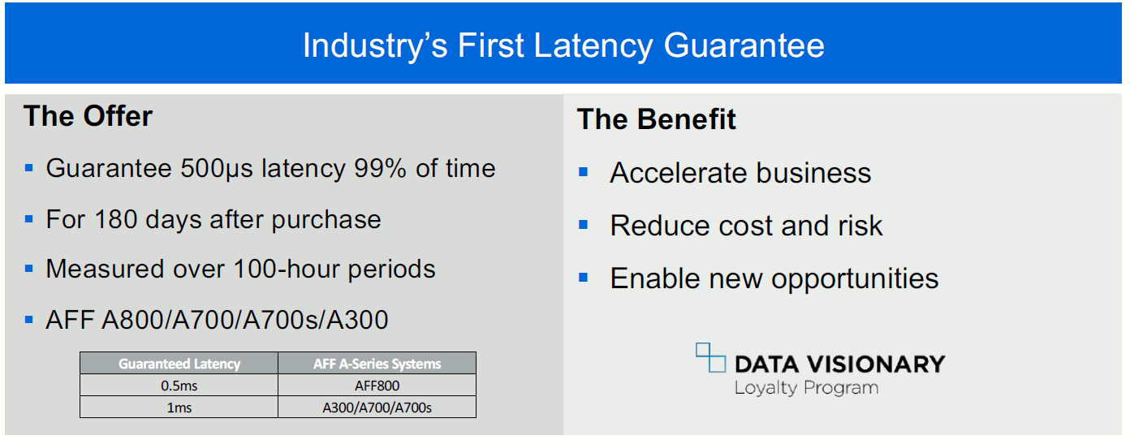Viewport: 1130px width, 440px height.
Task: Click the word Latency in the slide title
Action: click(x=593, y=46)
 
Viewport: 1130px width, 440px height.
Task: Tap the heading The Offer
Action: click(x=88, y=116)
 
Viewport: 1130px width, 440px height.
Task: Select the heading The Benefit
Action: click(x=656, y=119)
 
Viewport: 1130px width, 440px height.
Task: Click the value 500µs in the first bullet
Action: click(x=217, y=169)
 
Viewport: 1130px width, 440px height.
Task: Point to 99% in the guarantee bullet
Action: click(x=380, y=168)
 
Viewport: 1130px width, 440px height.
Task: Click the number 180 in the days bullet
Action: click(x=115, y=219)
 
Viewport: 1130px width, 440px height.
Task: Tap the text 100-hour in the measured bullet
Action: click(x=287, y=269)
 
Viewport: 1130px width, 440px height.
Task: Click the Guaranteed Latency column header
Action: click(x=179, y=364)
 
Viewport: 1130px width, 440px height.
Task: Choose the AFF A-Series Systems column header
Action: click(x=377, y=364)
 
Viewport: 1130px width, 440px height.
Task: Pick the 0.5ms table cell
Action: click(x=179, y=386)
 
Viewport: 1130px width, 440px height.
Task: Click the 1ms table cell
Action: click(x=179, y=408)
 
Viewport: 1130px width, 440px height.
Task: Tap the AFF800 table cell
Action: click(x=377, y=386)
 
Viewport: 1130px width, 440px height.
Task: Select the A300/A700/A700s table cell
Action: click(x=377, y=408)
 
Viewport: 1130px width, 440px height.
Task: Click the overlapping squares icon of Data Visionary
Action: click(x=710, y=358)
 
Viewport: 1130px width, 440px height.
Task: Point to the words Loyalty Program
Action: click(x=806, y=388)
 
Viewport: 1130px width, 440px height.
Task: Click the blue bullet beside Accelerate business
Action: click(x=583, y=172)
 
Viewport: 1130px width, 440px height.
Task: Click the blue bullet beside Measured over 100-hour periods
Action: click(x=28, y=269)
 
